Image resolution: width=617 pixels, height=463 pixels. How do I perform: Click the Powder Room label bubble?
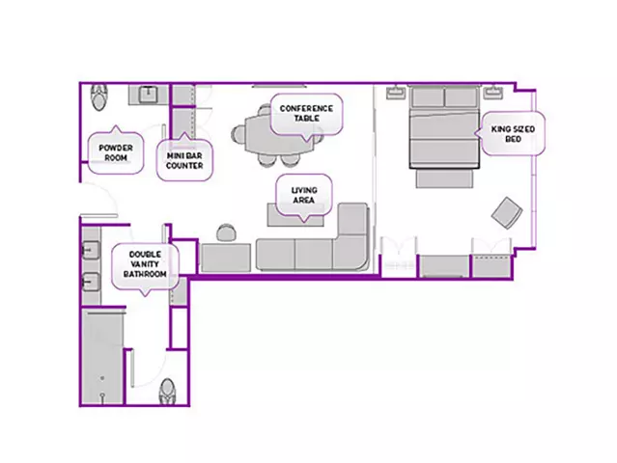click(115, 152)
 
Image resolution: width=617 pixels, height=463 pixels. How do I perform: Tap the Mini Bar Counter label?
click(184, 159)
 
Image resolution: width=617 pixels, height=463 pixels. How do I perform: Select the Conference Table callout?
click(306, 115)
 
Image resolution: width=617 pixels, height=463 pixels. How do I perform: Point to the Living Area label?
click(304, 196)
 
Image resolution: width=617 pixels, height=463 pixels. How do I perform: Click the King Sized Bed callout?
click(513, 134)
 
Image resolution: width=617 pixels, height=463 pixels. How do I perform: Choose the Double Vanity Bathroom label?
click(145, 264)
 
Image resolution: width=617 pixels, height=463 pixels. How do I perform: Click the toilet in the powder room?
click(99, 96)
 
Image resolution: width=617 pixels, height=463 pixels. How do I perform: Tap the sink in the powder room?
click(149, 94)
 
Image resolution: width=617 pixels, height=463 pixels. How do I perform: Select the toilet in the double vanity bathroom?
click(168, 392)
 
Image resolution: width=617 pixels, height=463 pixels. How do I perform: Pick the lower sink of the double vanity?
click(90, 282)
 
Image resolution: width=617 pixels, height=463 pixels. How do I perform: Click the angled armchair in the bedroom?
click(507, 212)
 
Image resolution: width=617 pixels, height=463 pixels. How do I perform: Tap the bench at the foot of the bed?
click(445, 178)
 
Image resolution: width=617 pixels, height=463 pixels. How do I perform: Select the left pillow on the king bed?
click(428, 97)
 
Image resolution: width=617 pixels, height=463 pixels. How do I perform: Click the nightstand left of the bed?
click(396, 94)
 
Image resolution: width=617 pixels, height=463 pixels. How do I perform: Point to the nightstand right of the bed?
click(492, 93)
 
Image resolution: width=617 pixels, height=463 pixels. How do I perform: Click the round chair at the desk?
click(226, 232)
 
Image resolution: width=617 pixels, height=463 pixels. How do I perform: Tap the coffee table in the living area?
click(295, 215)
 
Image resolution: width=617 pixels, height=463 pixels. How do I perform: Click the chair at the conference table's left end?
click(238, 134)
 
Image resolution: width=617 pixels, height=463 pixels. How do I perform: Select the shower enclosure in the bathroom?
click(103, 357)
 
